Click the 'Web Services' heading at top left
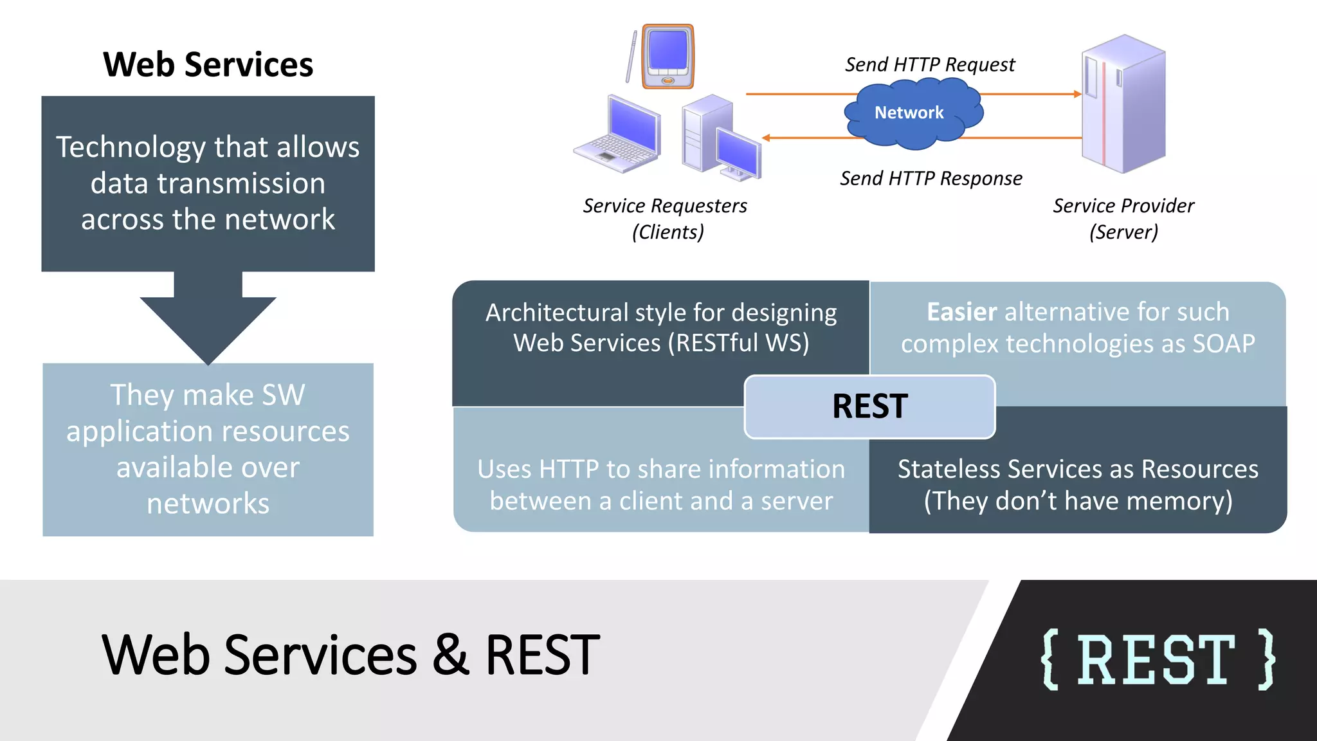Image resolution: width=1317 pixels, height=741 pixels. (x=208, y=65)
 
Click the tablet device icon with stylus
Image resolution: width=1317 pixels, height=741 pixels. (x=668, y=57)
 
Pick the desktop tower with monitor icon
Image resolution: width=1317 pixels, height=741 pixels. (x=720, y=137)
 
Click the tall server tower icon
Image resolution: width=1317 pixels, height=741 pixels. (x=1123, y=104)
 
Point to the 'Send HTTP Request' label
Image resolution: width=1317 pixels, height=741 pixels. (x=929, y=65)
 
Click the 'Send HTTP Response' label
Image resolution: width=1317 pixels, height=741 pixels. (x=931, y=178)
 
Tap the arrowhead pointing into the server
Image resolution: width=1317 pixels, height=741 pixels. (x=1078, y=94)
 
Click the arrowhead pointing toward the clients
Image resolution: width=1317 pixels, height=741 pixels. (x=766, y=138)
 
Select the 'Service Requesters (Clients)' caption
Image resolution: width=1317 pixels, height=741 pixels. (x=666, y=218)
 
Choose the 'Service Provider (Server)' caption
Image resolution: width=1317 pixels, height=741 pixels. (x=1123, y=218)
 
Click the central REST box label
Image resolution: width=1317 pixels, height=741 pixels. (x=869, y=407)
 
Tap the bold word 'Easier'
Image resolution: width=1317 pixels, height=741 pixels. (x=961, y=312)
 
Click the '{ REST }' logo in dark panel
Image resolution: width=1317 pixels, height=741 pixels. (x=1157, y=660)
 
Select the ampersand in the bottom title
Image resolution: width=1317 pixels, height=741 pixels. (x=451, y=655)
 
